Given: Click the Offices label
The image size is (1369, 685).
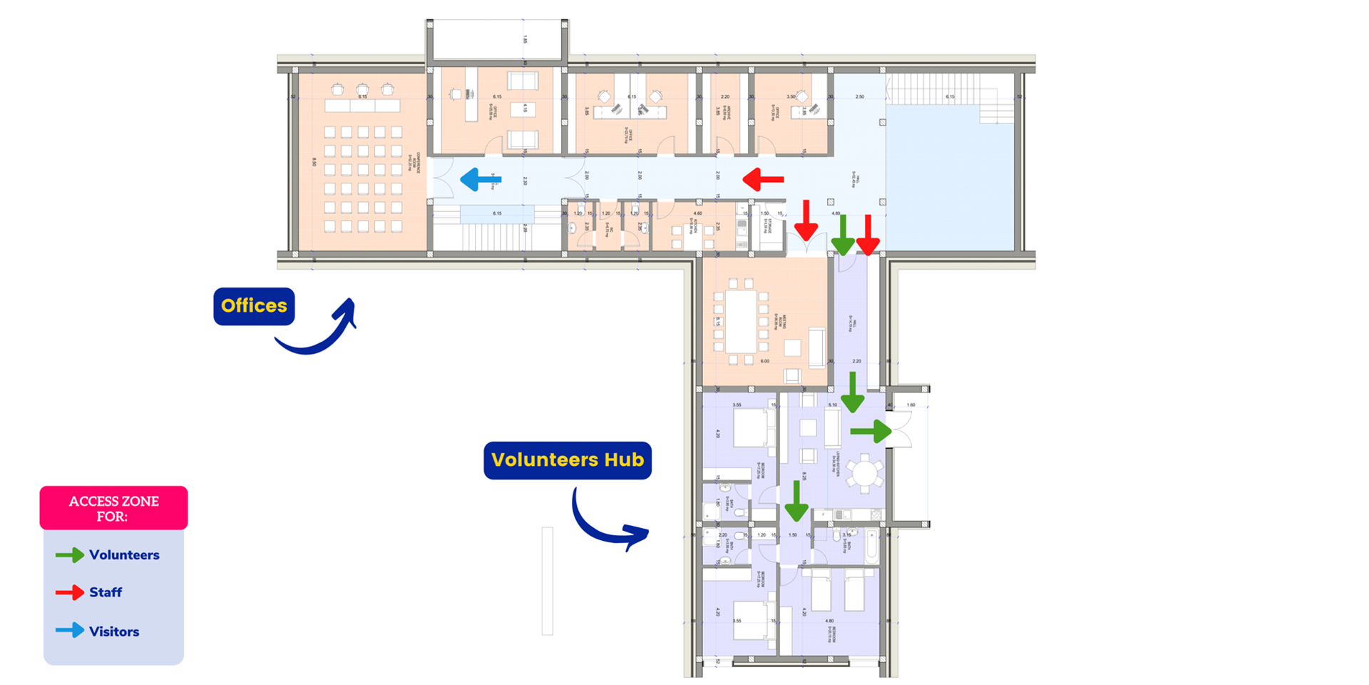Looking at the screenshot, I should click(x=254, y=306).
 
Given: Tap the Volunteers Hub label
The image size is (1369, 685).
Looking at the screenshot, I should click(x=568, y=460).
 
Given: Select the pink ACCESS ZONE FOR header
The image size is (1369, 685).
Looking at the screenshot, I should click(x=113, y=508).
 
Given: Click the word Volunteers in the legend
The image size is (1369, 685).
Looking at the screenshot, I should click(x=124, y=555).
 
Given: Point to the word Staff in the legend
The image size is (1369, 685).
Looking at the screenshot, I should click(x=106, y=592).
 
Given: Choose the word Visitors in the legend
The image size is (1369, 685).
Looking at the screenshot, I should click(x=114, y=631).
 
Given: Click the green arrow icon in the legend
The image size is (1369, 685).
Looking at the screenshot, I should click(x=70, y=555).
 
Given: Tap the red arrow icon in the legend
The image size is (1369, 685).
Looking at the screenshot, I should click(x=70, y=592).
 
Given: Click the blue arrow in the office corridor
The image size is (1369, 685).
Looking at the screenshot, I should click(x=481, y=180).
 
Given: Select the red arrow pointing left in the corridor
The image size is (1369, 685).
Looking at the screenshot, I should click(x=763, y=179).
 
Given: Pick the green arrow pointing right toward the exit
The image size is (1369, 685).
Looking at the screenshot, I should click(x=871, y=431).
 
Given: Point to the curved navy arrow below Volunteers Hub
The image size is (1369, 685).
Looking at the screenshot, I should click(x=606, y=521).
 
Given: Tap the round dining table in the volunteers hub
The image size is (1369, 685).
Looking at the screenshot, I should click(x=864, y=473).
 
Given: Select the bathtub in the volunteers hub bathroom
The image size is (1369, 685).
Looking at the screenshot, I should click(x=872, y=547).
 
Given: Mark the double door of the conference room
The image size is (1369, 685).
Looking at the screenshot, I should click(x=443, y=178).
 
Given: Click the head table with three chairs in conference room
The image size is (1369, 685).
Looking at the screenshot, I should click(x=362, y=106).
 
